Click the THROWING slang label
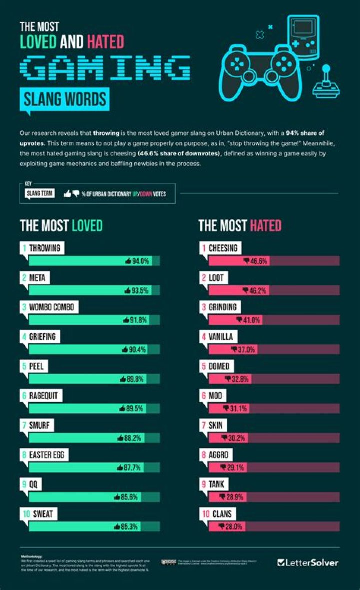pos(44,248)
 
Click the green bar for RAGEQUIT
pos(90,408)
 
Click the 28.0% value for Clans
pos(233,526)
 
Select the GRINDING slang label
pos(223,307)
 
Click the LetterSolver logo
pos(308,562)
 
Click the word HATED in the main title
pos(105,42)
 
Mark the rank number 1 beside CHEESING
pos(204,248)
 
